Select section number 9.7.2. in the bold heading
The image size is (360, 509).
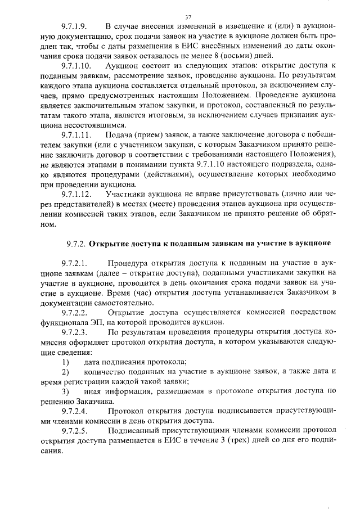pos(75,244)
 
